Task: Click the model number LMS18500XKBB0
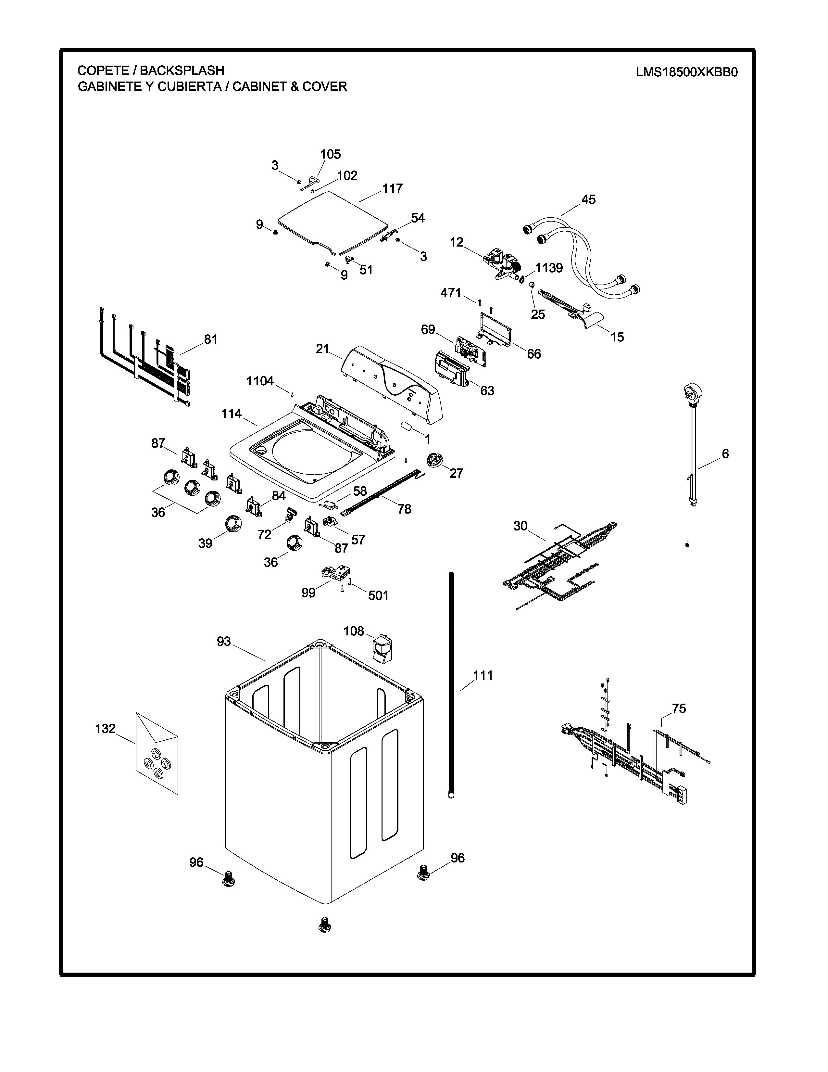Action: (687, 72)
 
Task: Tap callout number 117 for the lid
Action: (393, 188)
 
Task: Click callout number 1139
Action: (549, 268)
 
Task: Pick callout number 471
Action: (451, 293)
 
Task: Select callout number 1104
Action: (260, 381)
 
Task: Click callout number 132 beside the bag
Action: (105, 729)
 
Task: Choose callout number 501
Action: (378, 595)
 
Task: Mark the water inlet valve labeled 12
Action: (503, 265)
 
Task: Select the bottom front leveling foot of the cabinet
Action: (324, 925)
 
